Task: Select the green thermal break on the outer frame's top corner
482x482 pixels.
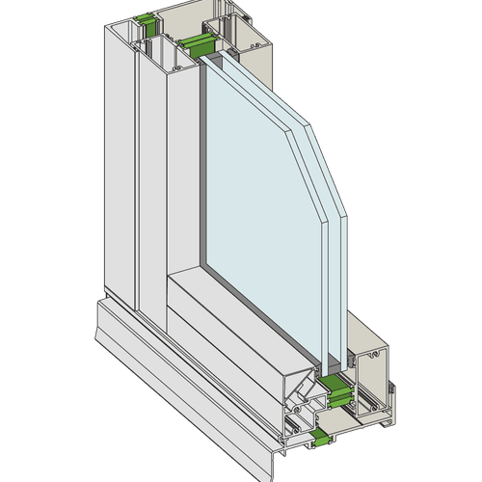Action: (146, 19)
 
